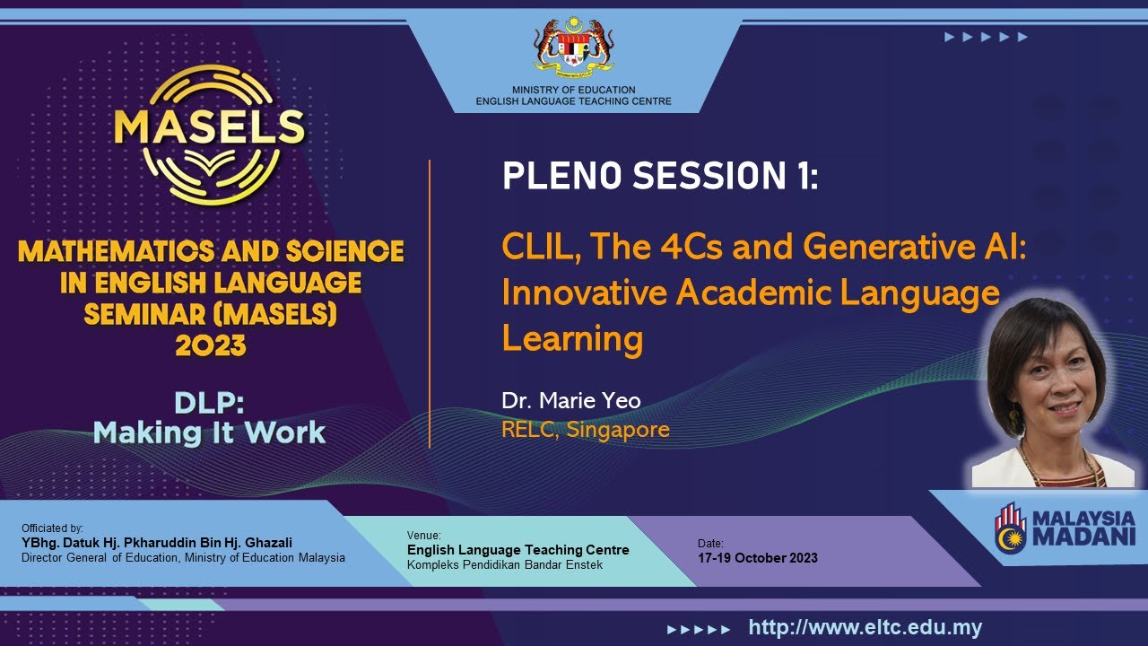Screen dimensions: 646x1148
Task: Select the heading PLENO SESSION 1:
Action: (660, 176)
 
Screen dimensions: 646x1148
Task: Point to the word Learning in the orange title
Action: (572, 339)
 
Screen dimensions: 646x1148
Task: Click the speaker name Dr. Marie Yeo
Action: (571, 400)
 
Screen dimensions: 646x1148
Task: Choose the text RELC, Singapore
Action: (586, 430)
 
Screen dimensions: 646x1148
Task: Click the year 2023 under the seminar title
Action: (211, 345)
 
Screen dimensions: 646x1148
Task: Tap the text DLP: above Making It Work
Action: (209, 403)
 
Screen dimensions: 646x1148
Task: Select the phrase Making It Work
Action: (209, 433)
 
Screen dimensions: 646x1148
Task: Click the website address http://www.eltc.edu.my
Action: (865, 628)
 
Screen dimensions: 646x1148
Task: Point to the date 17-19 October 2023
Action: (757, 558)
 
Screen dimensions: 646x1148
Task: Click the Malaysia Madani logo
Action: (1065, 528)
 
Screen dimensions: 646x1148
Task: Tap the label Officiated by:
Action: (52, 528)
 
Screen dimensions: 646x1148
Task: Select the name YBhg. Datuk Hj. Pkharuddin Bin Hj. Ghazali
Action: (157, 543)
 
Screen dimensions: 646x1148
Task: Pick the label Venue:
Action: (424, 536)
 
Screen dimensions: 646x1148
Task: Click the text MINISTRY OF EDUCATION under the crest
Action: (574, 90)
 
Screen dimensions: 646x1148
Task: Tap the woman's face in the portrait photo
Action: (1050, 386)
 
